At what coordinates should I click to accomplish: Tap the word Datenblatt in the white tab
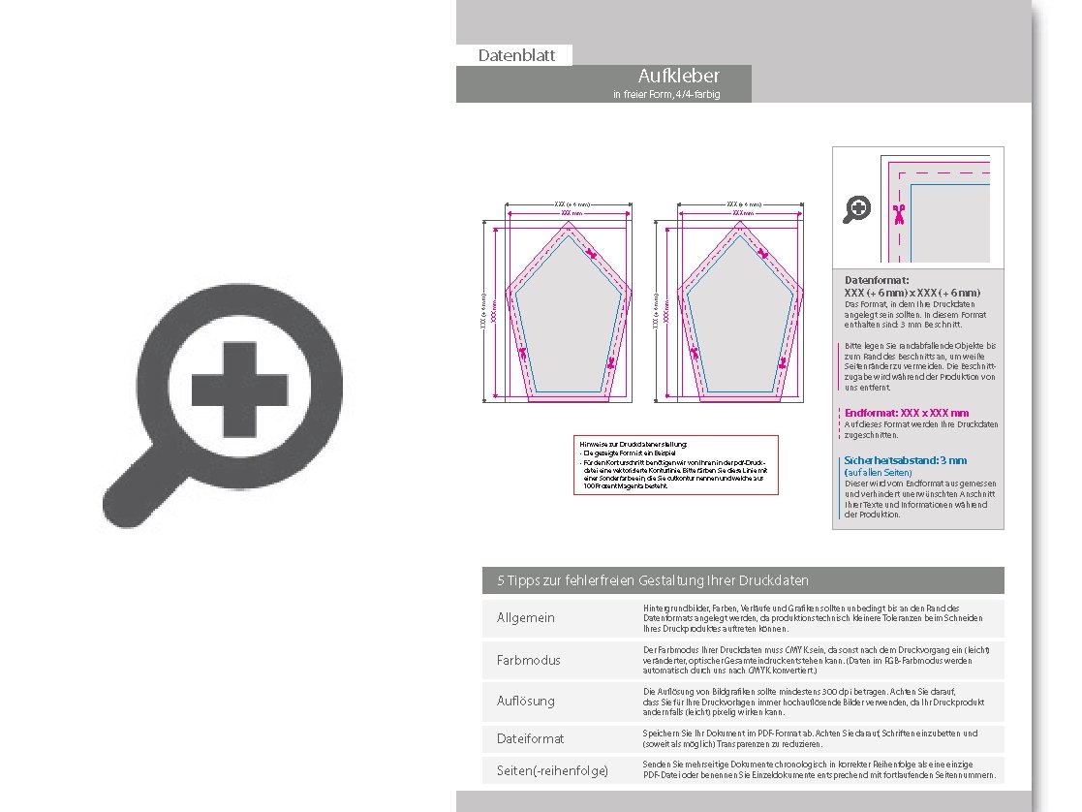pos(516,56)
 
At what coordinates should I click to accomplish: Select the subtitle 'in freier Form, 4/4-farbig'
pos(666,95)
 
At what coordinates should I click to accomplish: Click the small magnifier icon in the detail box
pos(857,208)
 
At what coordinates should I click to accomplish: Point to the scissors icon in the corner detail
pos(899,212)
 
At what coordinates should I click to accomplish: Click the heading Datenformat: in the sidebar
pos(877,280)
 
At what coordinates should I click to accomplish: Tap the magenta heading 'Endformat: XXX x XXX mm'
pos(907,413)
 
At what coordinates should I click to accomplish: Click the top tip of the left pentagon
pos(569,222)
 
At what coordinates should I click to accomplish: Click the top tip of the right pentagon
pos(741,222)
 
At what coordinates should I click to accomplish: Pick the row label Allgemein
pos(526,618)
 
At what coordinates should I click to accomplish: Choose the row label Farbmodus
pos(529,660)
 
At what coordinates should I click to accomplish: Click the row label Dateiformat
pos(530,738)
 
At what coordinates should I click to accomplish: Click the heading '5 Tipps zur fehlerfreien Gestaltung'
pos(653,580)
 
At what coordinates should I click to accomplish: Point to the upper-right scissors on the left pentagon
pos(593,255)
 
